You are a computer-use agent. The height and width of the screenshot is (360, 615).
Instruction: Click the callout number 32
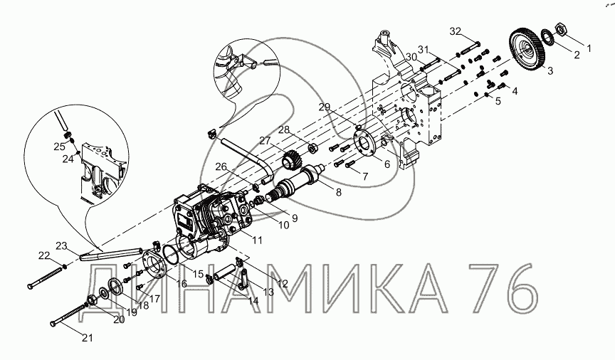[x=456, y=31]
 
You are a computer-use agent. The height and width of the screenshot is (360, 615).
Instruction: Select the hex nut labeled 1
[x=561, y=28]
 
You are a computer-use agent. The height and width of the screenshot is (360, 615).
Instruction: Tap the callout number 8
[x=338, y=192]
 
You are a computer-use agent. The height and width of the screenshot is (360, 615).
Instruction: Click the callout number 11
[x=257, y=240]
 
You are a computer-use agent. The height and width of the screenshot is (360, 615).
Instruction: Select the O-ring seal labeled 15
[x=171, y=255]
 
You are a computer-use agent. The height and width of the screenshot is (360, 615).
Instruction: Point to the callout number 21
[x=88, y=337]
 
